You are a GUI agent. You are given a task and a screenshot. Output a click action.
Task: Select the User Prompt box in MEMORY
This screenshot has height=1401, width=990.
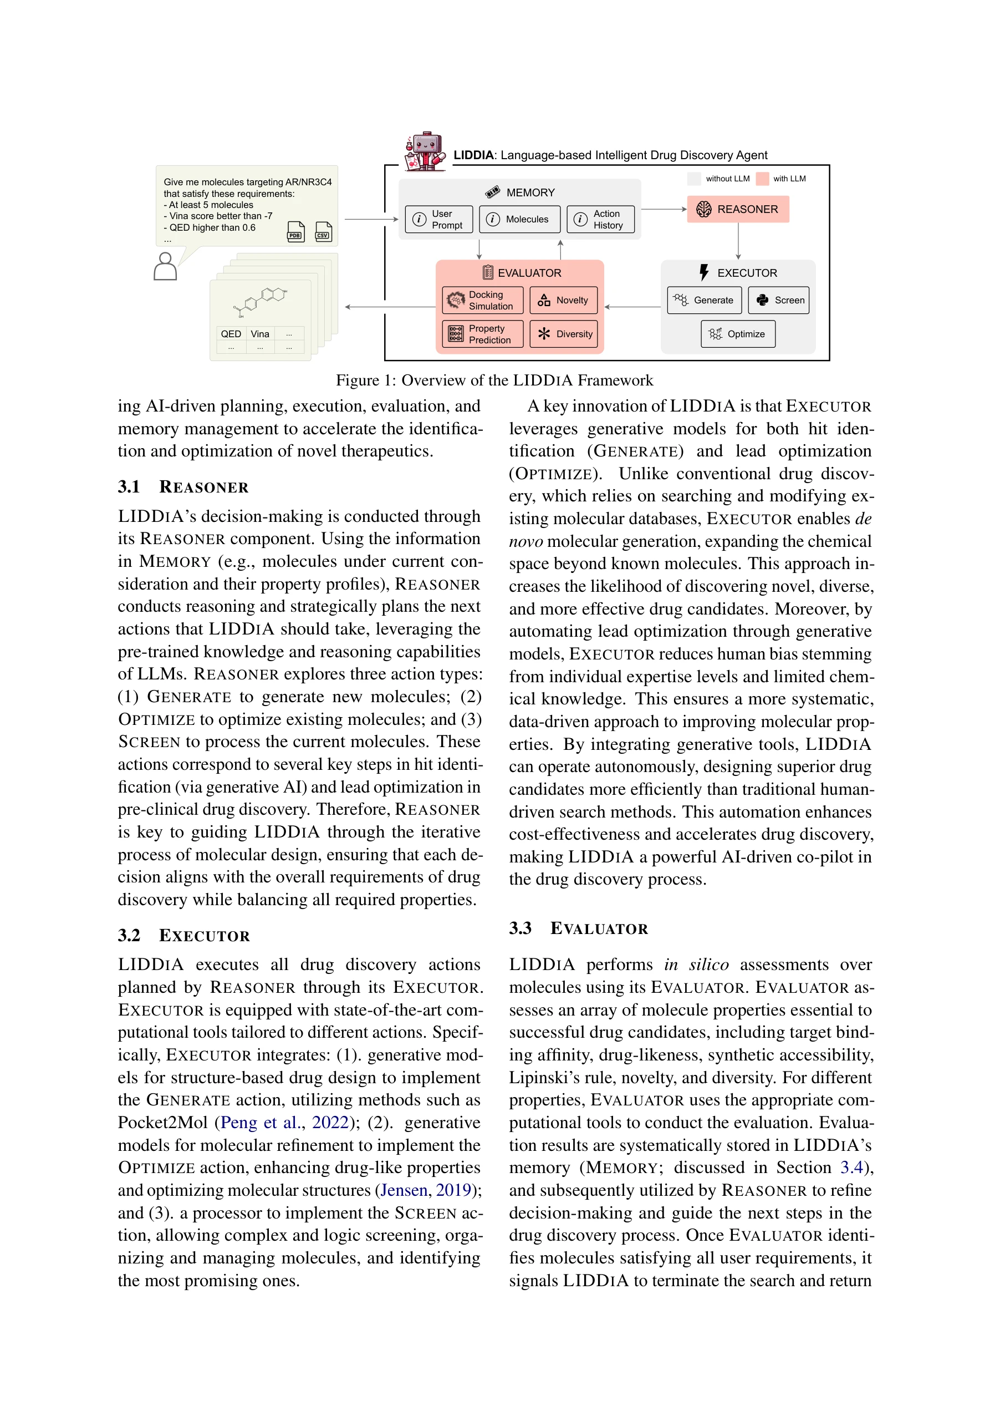(438, 219)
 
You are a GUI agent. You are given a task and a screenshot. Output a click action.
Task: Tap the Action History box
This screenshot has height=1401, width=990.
(600, 219)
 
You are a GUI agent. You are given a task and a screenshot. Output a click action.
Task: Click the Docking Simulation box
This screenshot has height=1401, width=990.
(482, 300)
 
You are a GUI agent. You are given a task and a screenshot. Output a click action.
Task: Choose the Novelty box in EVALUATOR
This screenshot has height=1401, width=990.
(563, 300)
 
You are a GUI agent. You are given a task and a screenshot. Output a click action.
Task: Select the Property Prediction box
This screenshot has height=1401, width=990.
(482, 334)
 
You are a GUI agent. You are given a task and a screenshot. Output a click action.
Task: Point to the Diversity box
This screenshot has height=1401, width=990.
(563, 334)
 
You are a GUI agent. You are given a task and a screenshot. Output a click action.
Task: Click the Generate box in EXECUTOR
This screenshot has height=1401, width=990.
(704, 300)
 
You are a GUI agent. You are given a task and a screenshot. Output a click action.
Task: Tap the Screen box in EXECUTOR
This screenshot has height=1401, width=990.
(778, 300)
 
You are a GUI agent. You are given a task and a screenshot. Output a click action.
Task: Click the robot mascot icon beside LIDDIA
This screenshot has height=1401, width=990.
(425, 151)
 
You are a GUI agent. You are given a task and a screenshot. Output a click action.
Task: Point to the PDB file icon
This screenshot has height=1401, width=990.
(296, 232)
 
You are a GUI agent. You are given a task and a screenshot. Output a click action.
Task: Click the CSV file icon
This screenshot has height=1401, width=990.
(323, 232)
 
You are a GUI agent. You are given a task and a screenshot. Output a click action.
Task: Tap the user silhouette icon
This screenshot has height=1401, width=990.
(165, 267)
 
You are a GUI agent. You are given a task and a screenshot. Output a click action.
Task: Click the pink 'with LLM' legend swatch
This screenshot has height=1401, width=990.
(762, 179)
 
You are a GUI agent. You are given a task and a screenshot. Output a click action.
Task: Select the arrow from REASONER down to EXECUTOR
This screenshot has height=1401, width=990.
(738, 241)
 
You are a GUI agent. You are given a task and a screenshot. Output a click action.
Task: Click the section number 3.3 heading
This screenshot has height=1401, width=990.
(520, 928)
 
